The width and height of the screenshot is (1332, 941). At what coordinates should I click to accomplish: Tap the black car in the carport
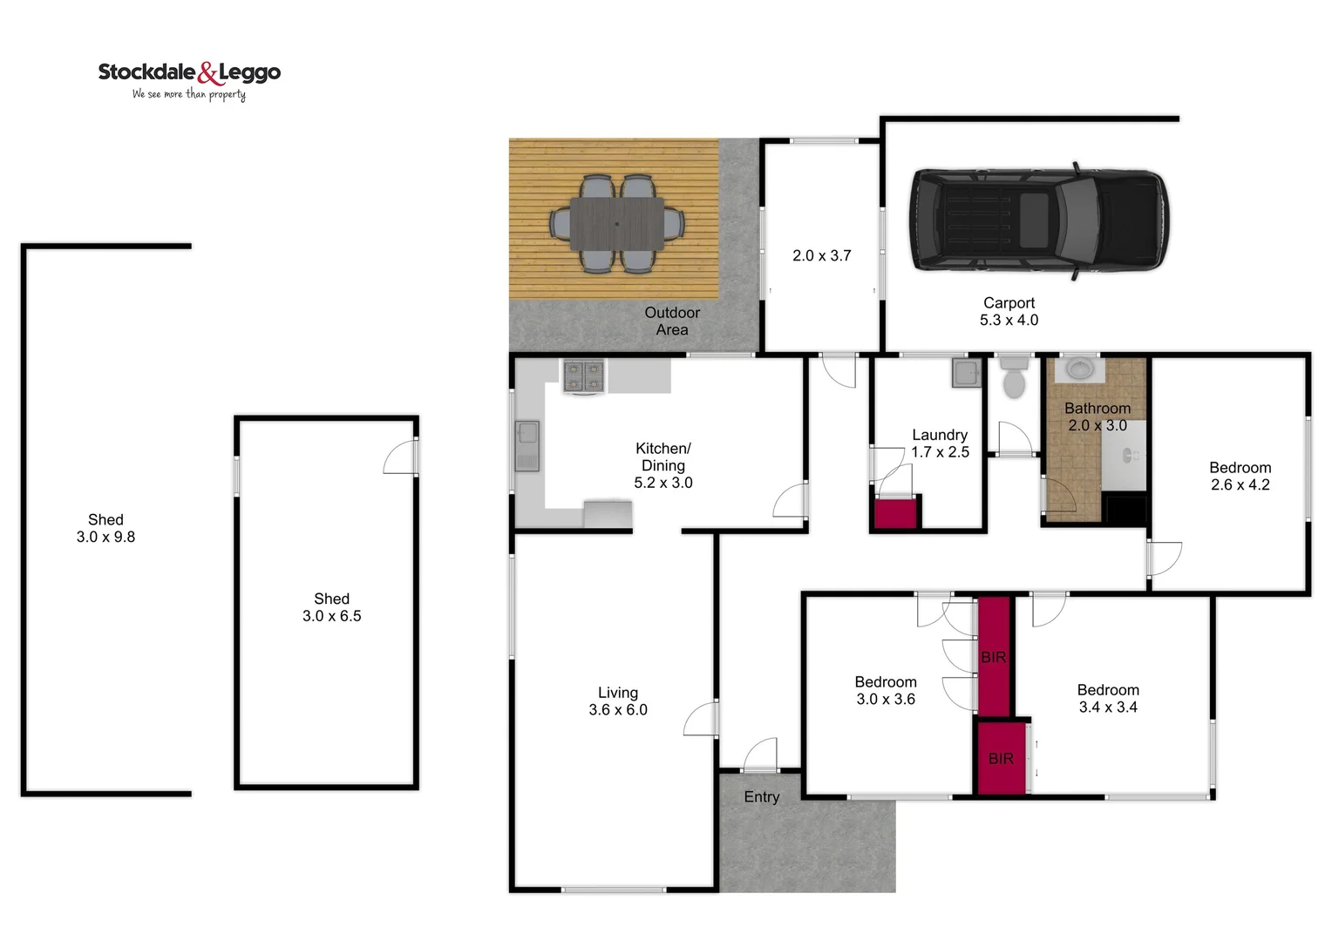click(x=1038, y=220)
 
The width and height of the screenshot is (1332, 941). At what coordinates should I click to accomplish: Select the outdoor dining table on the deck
click(x=617, y=223)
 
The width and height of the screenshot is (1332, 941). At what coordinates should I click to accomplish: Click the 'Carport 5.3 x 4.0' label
click(x=1009, y=311)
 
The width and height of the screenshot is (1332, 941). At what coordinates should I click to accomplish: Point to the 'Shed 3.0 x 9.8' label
click(x=105, y=528)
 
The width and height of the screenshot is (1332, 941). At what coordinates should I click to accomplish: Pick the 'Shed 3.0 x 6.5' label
click(x=331, y=607)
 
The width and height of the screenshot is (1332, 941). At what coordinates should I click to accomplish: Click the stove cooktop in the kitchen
click(x=583, y=376)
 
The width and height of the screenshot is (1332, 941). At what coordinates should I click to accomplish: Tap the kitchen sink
click(x=527, y=443)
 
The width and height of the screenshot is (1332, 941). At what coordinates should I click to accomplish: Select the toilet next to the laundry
click(x=1013, y=376)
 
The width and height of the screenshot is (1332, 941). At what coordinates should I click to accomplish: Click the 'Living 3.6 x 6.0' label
click(x=618, y=701)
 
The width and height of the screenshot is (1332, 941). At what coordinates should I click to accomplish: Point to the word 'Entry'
click(x=761, y=797)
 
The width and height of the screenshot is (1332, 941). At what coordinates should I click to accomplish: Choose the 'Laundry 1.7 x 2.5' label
click(x=940, y=443)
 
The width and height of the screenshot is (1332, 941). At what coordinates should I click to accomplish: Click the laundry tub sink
click(x=965, y=373)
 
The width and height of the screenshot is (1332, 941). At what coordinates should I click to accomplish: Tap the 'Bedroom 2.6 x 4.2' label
click(x=1240, y=476)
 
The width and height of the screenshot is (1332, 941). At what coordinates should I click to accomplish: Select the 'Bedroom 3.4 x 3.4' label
click(x=1108, y=698)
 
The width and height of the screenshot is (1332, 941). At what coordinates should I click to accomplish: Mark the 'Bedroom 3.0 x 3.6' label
click(x=886, y=690)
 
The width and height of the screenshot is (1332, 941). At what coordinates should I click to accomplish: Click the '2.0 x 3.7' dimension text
click(x=821, y=255)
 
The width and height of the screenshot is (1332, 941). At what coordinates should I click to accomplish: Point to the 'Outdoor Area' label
click(x=672, y=321)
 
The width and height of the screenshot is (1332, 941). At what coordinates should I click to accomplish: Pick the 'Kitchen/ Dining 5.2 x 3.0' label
click(x=663, y=465)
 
